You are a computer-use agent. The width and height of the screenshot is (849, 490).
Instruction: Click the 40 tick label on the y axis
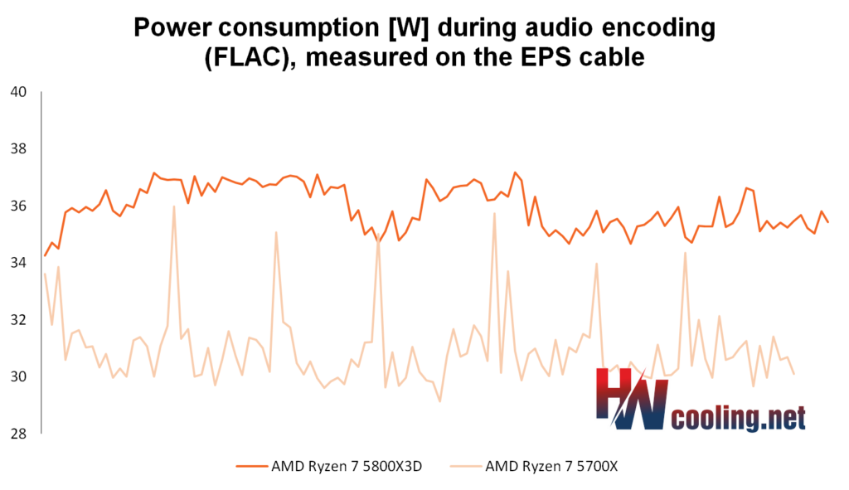coord(18,92)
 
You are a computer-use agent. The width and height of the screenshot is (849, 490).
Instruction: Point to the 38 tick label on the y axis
coord(18,149)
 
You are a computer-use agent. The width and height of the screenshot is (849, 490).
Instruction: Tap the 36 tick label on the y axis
coord(18,206)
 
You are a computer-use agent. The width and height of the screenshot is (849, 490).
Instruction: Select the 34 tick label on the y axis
coord(18,263)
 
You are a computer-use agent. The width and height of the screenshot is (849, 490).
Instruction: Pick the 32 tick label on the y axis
coord(18,319)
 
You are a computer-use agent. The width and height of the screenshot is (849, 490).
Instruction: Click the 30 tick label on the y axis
coord(18,376)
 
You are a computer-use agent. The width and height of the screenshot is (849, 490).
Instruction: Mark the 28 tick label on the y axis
coord(18,434)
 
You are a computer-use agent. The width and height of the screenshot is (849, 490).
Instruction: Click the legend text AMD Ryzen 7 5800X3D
coord(347,466)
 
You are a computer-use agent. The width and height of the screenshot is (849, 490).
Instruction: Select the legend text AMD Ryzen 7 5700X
coord(551,466)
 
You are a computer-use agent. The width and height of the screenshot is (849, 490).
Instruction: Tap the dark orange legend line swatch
coord(252,466)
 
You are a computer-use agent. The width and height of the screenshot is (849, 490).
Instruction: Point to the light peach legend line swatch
coord(466,466)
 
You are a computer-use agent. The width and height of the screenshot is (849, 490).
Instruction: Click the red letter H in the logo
coord(614,394)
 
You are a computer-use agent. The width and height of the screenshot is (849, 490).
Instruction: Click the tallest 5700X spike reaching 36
coord(174,206)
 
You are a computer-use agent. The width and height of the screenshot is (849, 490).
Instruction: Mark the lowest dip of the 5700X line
coord(439,401)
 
